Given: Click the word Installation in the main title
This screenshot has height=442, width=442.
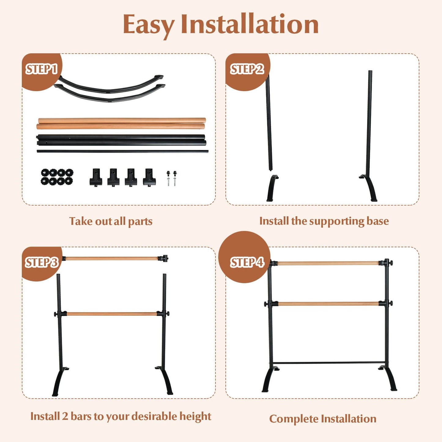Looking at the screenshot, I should point(250,24).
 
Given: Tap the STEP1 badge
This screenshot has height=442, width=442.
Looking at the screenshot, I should point(41,69).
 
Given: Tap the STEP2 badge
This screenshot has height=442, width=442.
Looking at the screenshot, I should point(247,69).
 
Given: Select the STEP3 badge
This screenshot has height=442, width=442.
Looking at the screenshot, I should point(41,262).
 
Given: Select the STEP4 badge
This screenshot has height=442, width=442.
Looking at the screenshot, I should point(247,262).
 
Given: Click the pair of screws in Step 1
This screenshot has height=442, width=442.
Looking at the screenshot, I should point(171,178).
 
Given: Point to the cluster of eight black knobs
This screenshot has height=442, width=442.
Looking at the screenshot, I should point(57,177).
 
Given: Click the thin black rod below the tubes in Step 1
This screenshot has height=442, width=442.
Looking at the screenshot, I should point(122,151).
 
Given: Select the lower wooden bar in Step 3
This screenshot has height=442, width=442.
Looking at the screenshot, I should point(112,314).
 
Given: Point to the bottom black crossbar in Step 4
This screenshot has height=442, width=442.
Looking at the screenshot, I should point(329,363).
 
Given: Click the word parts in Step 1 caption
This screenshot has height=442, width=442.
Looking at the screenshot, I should point(140,221).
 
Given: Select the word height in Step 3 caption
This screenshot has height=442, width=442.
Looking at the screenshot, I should point(195,416).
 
